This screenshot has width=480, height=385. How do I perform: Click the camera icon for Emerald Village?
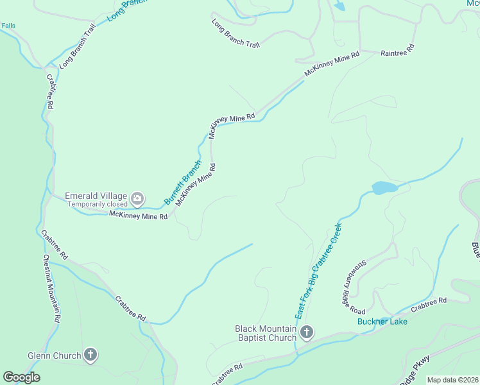pos(137,198)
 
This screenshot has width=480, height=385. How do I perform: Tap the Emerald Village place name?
pos(96,196)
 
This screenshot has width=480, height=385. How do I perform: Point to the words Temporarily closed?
pos(98,205)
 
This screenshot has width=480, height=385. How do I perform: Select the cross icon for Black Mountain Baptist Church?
pos(307,332)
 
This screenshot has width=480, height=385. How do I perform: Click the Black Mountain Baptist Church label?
pos(266,333)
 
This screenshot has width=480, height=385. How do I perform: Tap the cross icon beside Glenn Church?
pos(90,355)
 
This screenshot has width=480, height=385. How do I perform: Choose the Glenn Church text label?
pos(54,355)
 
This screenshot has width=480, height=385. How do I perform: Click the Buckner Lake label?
pos(382,321)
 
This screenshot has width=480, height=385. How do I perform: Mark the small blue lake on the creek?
pos(384,188)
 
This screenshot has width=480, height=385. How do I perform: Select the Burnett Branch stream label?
pos(183,182)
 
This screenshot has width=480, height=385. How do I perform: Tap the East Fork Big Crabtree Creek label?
pos(317,271)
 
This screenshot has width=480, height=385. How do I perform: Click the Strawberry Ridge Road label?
pos(354,282)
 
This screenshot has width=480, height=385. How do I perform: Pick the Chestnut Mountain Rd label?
pos(51,288)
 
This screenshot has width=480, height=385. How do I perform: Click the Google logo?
pos(21,377)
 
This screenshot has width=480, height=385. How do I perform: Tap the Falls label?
pos(8,26)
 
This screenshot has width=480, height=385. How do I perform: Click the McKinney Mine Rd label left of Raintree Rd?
pos(331,65)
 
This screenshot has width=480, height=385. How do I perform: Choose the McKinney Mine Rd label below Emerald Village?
pos(138,216)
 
